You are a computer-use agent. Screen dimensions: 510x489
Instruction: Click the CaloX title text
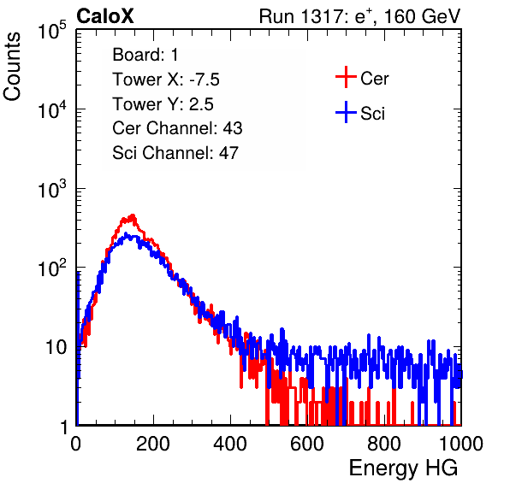(105, 16)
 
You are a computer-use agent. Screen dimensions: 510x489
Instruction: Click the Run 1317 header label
(301, 16)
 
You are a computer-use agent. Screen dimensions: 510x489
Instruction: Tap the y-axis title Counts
(12, 67)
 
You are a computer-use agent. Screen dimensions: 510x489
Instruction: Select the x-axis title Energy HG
(403, 468)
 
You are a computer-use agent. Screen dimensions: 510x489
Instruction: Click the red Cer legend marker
(346, 77)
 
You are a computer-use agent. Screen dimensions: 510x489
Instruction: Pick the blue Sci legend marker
(346, 113)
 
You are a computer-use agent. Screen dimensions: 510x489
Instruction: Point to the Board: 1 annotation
(145, 55)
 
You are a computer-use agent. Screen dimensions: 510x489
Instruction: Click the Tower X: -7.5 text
(166, 80)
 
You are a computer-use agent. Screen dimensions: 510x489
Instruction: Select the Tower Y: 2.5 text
(163, 104)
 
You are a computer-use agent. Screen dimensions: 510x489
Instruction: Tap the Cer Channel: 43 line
(177, 128)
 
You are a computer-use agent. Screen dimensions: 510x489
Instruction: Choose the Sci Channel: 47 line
(175, 153)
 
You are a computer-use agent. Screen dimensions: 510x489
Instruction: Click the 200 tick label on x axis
(153, 444)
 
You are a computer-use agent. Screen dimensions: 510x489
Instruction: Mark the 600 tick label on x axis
(307, 444)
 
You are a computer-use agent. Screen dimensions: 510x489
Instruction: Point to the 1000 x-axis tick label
(461, 444)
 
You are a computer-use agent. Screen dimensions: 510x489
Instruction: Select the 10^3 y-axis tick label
(52, 189)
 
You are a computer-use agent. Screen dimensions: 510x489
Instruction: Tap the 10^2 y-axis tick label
(52, 268)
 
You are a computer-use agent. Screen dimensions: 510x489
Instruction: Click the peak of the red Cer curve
(133, 215)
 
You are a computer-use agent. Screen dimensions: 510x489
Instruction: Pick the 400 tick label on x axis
(230, 444)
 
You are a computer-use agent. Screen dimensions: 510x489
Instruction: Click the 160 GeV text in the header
(422, 16)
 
